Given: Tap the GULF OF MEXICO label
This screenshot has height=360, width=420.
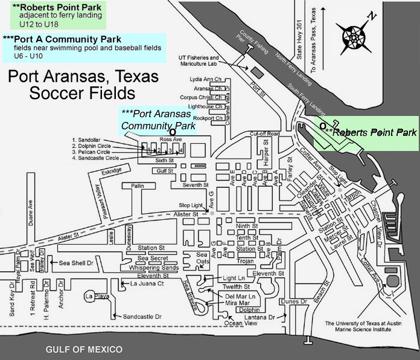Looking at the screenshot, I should point(84,350).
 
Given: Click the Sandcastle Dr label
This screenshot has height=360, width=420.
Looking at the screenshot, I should point(142,317).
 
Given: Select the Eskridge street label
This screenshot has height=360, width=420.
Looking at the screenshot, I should point(112,171).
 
